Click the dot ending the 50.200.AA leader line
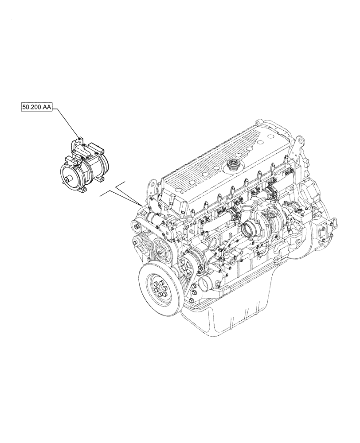(79, 139)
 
